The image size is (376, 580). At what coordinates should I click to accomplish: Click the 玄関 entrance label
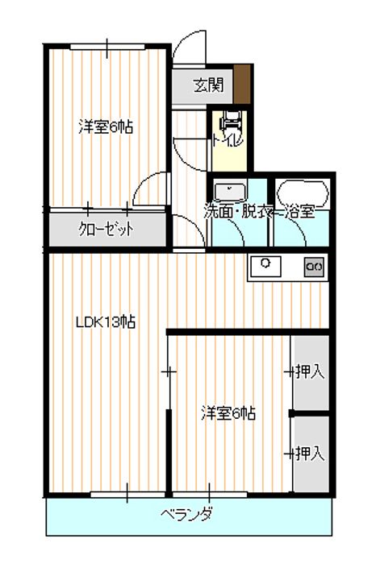click(208, 85)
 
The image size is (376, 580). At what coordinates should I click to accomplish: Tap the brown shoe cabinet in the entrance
click(242, 85)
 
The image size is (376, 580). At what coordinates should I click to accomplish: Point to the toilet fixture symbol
click(230, 120)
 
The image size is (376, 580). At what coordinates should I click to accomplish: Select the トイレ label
click(228, 140)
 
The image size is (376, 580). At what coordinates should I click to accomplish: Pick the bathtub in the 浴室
click(303, 193)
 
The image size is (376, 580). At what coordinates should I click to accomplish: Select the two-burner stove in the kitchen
click(314, 267)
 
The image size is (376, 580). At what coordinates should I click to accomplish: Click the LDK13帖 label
click(106, 321)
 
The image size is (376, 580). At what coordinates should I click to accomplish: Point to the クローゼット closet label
click(106, 230)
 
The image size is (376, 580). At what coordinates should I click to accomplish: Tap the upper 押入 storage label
click(311, 372)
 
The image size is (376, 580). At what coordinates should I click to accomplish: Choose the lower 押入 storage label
click(311, 454)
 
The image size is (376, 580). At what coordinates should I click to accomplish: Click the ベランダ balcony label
click(186, 514)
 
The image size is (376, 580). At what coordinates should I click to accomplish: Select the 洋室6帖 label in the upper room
click(106, 127)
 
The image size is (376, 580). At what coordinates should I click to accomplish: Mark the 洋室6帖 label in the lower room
click(228, 413)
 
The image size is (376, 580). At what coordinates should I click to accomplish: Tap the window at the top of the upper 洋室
click(107, 47)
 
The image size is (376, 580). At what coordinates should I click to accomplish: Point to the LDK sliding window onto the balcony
click(127, 495)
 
